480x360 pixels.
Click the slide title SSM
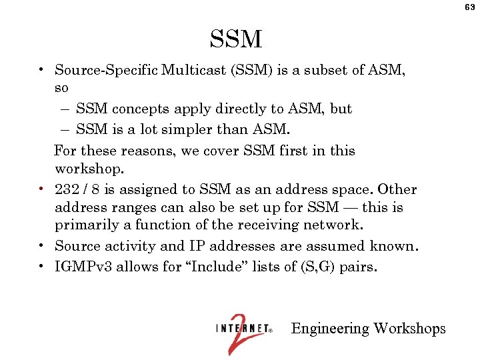[x=236, y=40]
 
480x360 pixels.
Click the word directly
[x=229, y=109]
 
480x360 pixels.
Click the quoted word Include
[x=214, y=267]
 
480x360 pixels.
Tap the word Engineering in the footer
[x=330, y=329]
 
